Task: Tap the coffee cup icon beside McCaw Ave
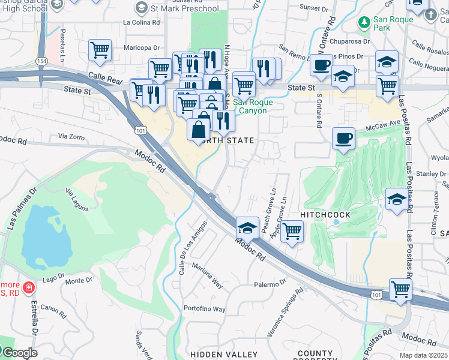click(x=343, y=139)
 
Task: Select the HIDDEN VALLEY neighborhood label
click(x=224, y=355)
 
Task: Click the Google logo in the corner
click(x=19, y=353)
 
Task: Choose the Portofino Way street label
click(x=205, y=309)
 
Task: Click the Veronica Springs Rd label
click(x=291, y=310)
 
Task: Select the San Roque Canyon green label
click(x=253, y=106)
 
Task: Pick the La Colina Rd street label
click(x=142, y=22)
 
